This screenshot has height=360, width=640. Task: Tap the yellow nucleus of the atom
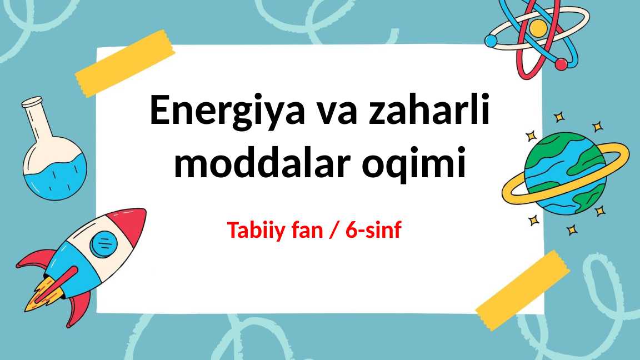click(538, 27)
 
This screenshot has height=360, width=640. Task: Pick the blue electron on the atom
click(491, 41)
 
